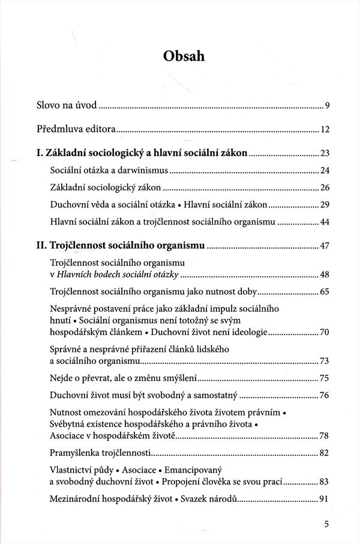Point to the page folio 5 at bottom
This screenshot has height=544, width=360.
click(326, 524)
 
